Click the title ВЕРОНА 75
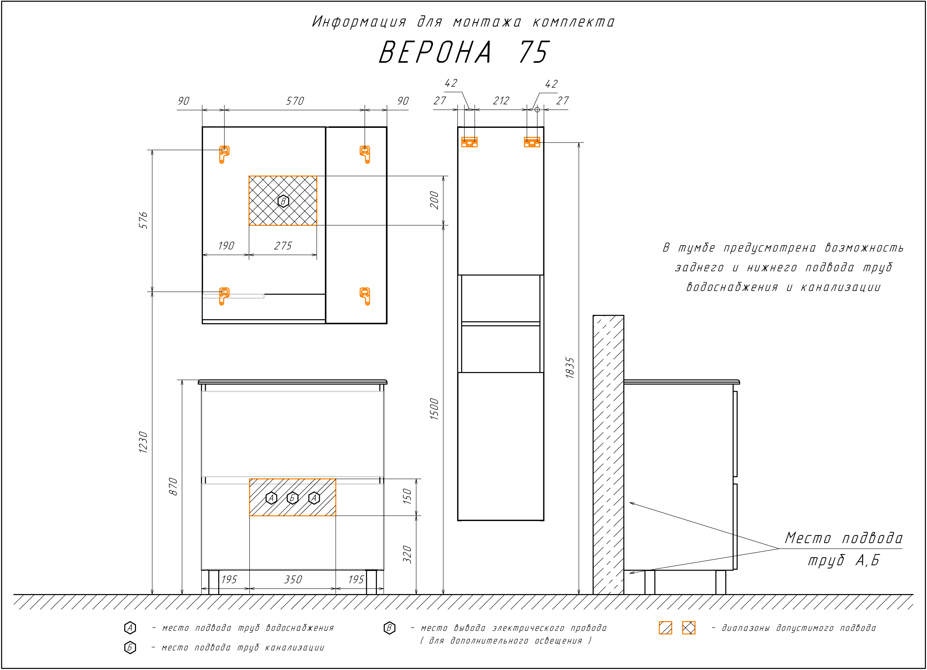(464, 52)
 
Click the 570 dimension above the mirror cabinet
(295, 101)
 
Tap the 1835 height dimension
(570, 368)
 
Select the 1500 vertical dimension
(434, 409)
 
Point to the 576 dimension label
(143, 220)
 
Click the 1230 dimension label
(143, 442)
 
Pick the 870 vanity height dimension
(173, 486)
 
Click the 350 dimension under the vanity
(293, 579)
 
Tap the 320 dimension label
(407, 554)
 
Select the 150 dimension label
(407, 496)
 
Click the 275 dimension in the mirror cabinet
(283, 245)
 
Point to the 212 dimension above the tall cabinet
(501, 101)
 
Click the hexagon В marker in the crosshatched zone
(283, 201)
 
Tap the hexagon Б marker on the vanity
(292, 498)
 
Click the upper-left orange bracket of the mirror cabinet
(224, 154)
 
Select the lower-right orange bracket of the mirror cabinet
(365, 296)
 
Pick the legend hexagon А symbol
(130, 628)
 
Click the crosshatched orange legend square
(689, 628)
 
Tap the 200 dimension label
(434, 200)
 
